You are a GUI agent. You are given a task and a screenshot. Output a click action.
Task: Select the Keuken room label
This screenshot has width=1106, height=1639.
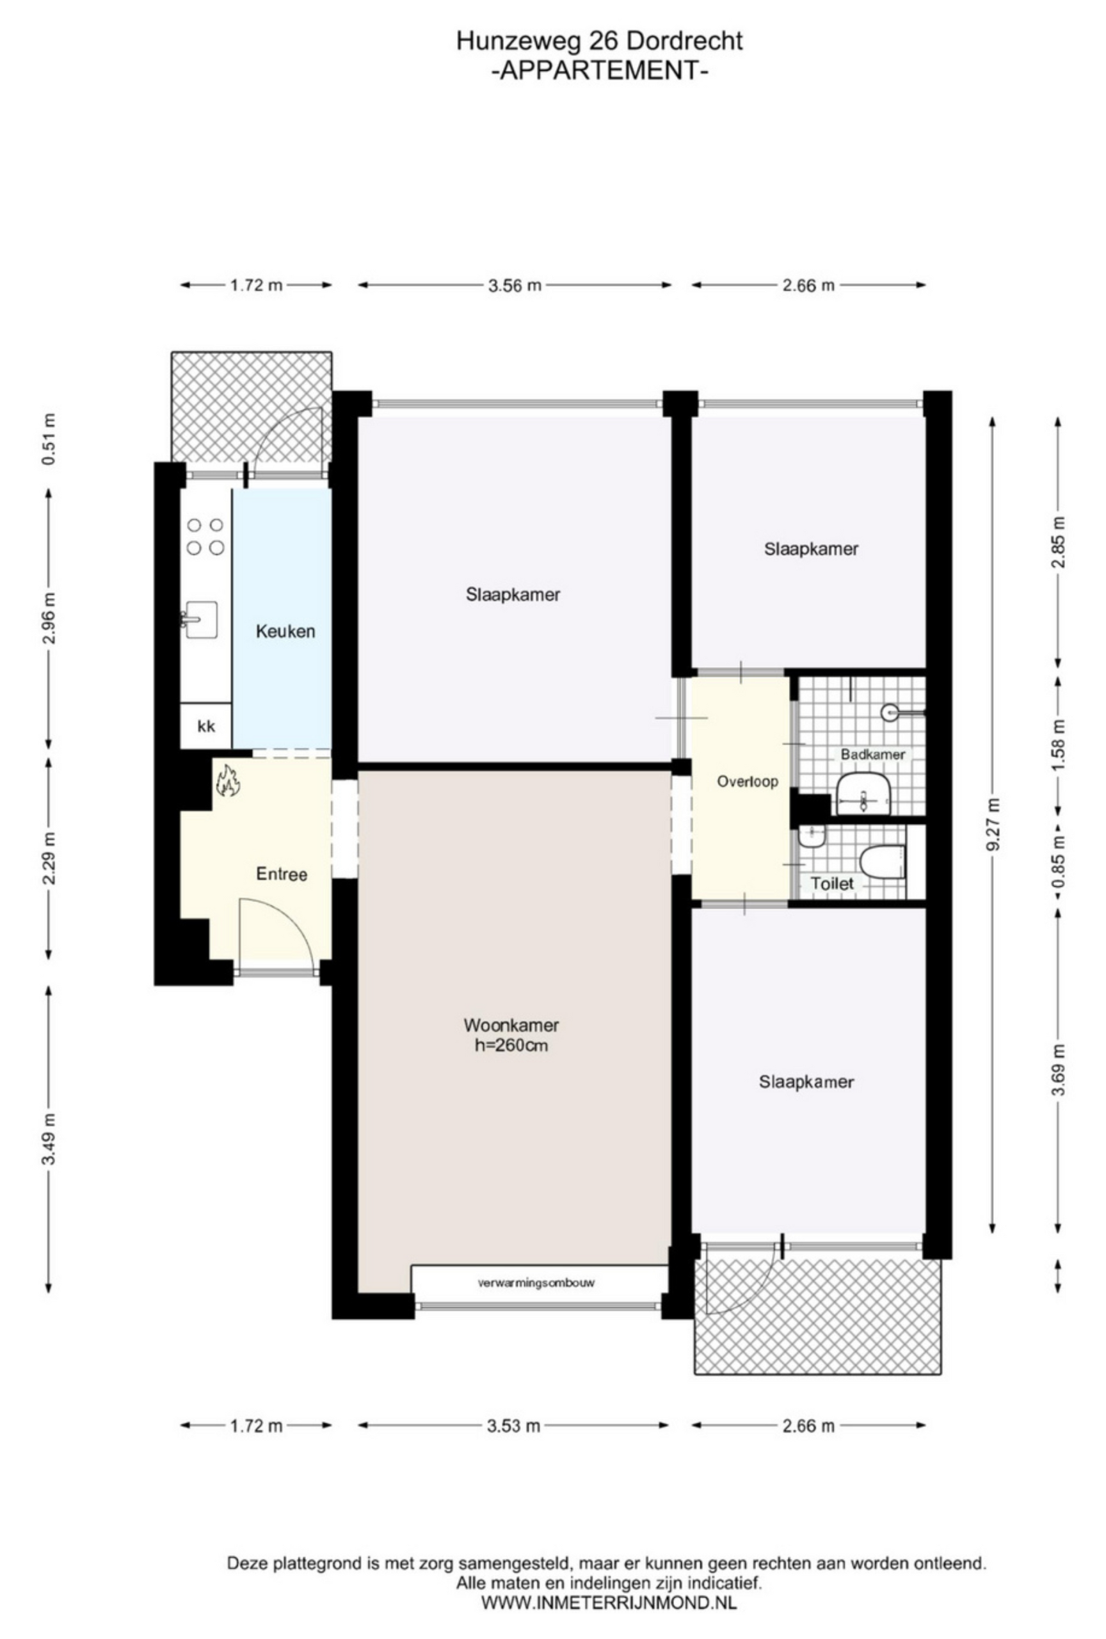click(x=285, y=631)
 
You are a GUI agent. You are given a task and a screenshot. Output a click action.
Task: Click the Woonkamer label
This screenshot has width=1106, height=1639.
click(x=511, y=1025)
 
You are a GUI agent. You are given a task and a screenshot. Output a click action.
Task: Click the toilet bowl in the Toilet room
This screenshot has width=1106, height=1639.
click(x=882, y=862)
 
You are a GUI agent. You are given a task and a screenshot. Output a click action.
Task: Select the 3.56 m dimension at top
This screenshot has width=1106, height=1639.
click(x=515, y=285)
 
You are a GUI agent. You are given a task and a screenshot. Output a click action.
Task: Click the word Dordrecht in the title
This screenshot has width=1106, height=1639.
click(x=684, y=42)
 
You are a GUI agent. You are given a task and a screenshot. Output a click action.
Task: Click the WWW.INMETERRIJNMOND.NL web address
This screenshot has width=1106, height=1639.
click(x=608, y=1597)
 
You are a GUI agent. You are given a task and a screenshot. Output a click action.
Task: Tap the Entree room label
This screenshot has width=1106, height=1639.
click(x=281, y=875)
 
